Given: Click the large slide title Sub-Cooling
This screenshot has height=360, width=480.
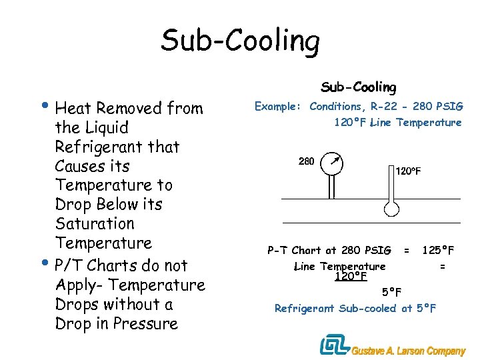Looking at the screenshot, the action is (x=240, y=41).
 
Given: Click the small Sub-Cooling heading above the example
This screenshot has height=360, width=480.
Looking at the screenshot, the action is (x=359, y=87).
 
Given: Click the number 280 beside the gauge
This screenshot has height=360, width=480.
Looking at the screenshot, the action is (x=306, y=161).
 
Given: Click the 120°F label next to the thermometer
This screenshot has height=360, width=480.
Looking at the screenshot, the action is (x=409, y=171).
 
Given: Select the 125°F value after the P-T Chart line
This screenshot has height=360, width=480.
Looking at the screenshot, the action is (x=438, y=251).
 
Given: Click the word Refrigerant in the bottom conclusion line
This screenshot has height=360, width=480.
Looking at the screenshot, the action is (x=305, y=309).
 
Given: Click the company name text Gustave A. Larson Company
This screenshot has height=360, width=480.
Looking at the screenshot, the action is (x=409, y=351).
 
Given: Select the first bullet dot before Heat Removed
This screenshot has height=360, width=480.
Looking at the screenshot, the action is (x=49, y=106).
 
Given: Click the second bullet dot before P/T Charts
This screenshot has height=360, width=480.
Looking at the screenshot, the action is (x=49, y=263).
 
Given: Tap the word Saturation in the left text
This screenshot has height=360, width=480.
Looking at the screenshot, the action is (x=95, y=224).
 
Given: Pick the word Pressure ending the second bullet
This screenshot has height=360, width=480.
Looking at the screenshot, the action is (x=147, y=325).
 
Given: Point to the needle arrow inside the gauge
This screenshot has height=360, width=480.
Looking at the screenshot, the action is (x=337, y=160).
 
